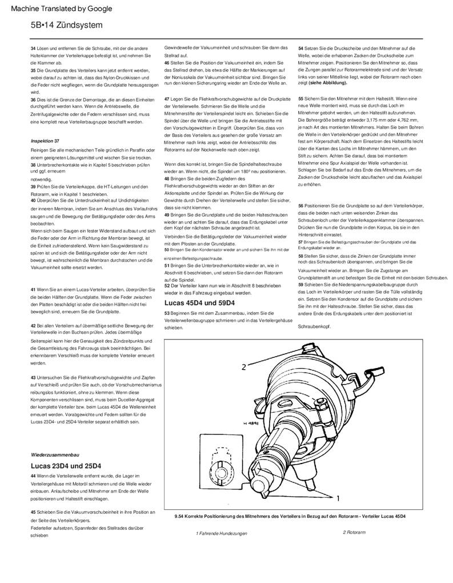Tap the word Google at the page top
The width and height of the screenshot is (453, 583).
[98, 9]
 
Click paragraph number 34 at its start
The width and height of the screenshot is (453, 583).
[33, 49]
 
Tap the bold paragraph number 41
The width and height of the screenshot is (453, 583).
[33, 290]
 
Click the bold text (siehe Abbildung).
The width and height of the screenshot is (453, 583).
[328, 82]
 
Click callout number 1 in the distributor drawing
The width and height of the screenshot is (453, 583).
[339, 498]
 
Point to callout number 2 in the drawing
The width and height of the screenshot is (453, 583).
[243, 366]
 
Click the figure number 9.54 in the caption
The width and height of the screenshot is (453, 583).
[181, 517]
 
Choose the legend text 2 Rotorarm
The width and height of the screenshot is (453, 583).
[354, 532]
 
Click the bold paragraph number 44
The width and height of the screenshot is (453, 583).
[33, 476]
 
